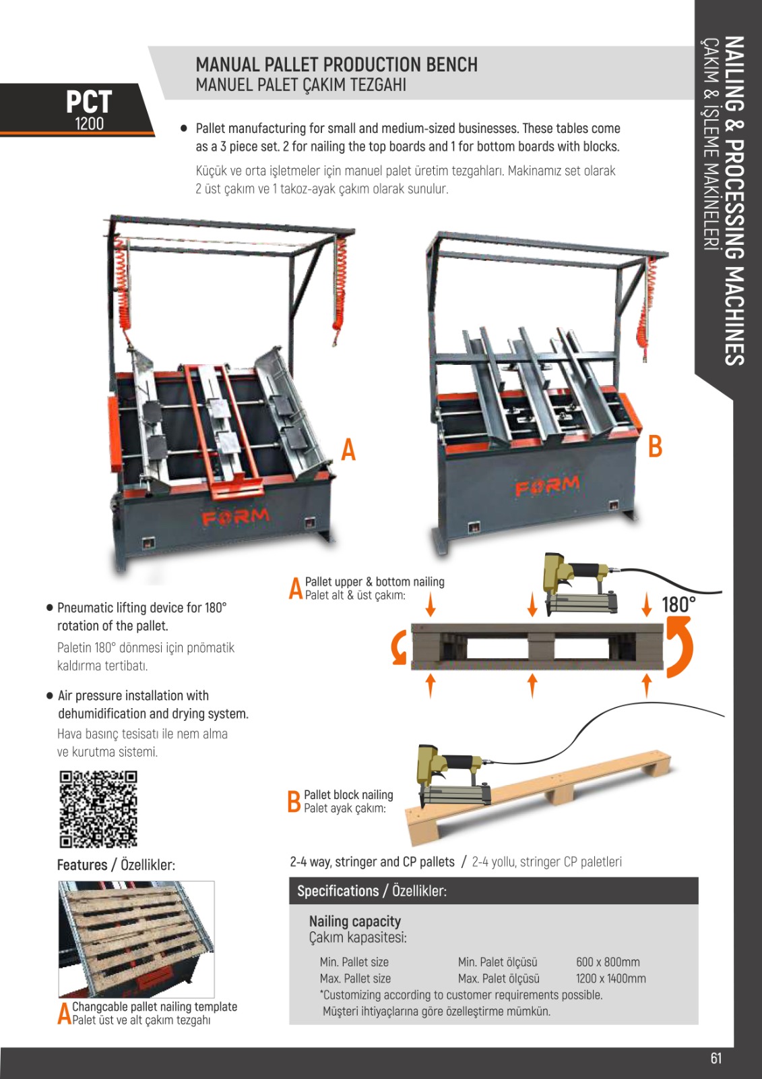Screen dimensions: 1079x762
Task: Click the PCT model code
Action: (88, 103)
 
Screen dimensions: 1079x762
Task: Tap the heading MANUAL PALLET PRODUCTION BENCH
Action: (336, 65)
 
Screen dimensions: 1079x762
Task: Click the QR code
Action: (98, 809)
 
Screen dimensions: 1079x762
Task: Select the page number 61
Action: (716, 1057)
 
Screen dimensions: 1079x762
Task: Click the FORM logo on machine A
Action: (235, 517)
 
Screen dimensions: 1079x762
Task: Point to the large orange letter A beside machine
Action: (348, 449)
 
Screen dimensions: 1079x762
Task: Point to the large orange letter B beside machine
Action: (655, 446)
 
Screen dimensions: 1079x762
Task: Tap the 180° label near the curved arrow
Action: (678, 604)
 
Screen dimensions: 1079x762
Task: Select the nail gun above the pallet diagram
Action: (579, 584)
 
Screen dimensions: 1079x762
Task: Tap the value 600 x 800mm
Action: (608, 962)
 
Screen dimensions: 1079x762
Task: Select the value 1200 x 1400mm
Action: (610, 979)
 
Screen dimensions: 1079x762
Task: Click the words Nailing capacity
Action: (354, 921)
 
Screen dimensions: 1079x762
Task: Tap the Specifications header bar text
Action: (371, 891)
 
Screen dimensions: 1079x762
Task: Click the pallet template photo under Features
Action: (136, 939)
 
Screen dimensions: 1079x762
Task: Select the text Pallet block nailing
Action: (348, 795)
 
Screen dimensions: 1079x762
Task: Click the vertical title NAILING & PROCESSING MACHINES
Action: (734, 200)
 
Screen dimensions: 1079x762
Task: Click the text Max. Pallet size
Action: (355, 979)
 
